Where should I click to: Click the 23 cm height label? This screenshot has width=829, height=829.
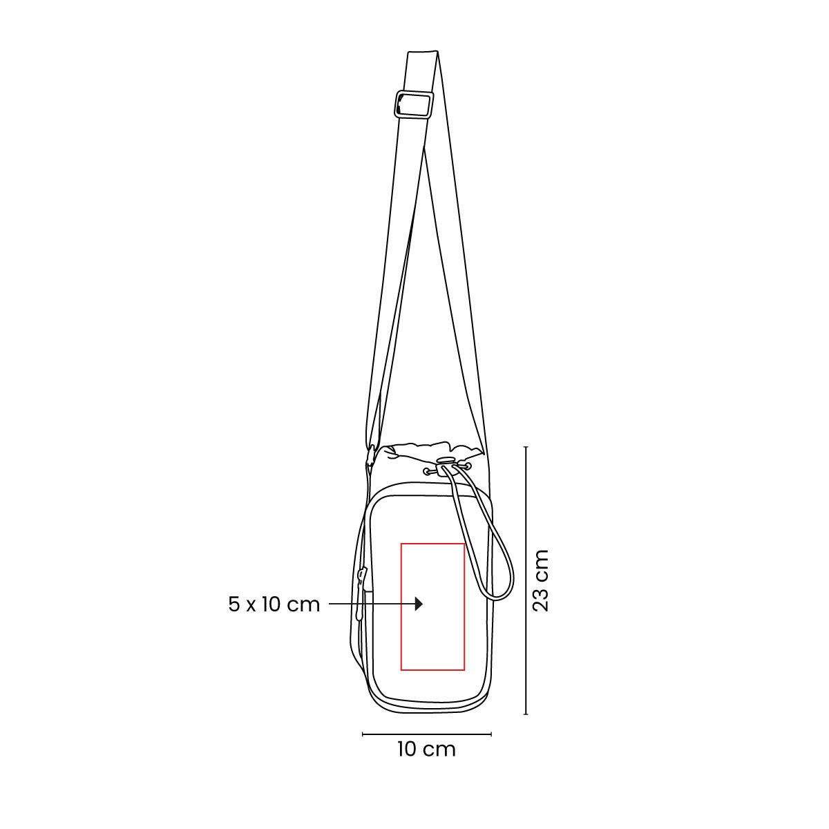[x=541, y=580]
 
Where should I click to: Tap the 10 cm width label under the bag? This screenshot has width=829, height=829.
[x=426, y=749]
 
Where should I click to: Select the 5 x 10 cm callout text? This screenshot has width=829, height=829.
[x=274, y=604]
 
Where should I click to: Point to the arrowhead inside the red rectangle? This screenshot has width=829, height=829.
[x=418, y=604]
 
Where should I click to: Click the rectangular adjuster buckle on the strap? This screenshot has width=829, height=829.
[x=413, y=104]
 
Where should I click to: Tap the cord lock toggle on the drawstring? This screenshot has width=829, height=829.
[x=447, y=460]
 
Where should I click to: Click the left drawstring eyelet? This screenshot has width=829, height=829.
[x=429, y=472]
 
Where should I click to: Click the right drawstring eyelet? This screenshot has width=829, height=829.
[x=467, y=468]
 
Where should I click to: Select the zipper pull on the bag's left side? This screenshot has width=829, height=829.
[x=361, y=578]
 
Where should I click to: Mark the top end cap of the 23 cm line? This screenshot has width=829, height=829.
[x=526, y=447]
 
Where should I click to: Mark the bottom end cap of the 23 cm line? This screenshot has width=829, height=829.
[x=526, y=714]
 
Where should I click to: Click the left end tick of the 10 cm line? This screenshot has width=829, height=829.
[x=363, y=734]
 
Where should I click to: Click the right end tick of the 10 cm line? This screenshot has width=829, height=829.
[x=491, y=734]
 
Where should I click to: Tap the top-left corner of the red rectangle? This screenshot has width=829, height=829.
[x=401, y=544]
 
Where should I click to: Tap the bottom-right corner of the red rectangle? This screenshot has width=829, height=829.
[x=464, y=669]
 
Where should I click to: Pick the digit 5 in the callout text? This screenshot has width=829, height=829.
[x=234, y=604]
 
